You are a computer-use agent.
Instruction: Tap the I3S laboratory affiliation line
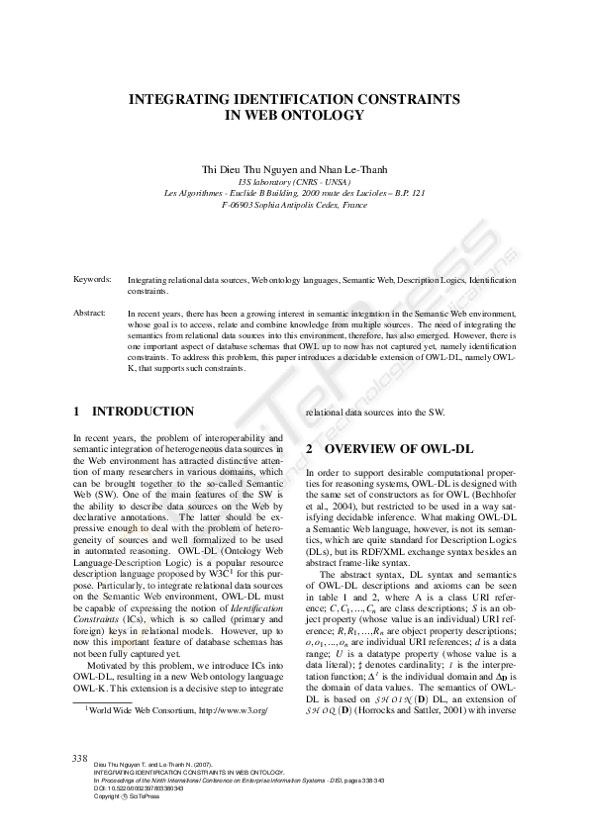pos(294,182)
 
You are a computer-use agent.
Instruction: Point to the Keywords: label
pos(92,280)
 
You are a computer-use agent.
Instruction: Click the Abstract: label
pos(90,313)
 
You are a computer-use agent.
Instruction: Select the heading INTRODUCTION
pos(143,411)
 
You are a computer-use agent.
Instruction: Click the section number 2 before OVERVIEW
pos(310,448)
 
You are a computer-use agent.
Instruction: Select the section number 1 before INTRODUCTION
pos(77,411)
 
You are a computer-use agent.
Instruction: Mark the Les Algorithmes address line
pos(294,194)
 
